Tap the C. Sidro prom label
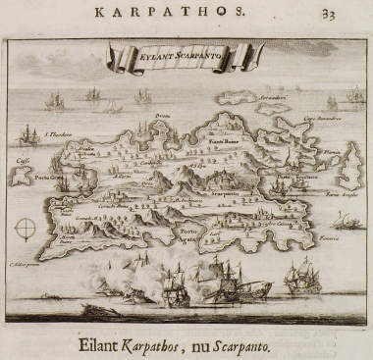tap(25, 263)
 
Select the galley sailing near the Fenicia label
tap(346, 221)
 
